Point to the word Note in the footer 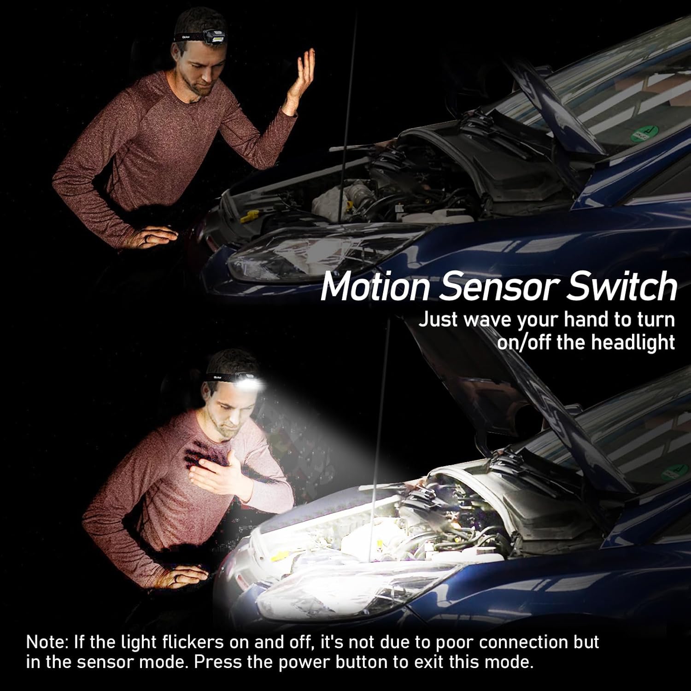point(46,642)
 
